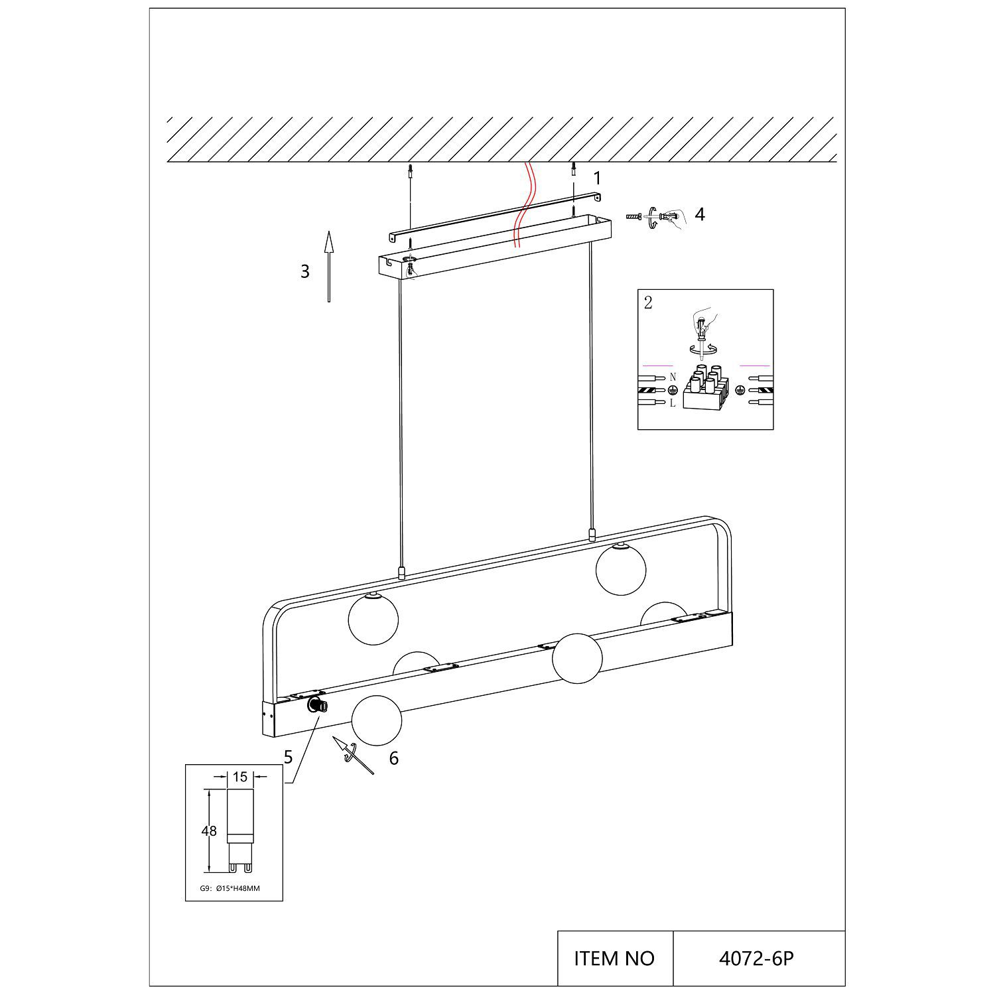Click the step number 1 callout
597,178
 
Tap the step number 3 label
305,271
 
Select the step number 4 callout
699,214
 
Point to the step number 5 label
288,758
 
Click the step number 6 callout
394,758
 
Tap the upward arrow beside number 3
328,266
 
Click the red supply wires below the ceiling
523,204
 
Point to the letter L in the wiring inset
672,403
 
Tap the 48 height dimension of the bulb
210,831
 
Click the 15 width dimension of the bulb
240,776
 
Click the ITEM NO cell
615,958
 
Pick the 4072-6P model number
756,959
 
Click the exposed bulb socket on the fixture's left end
317,705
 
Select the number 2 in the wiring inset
648,303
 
